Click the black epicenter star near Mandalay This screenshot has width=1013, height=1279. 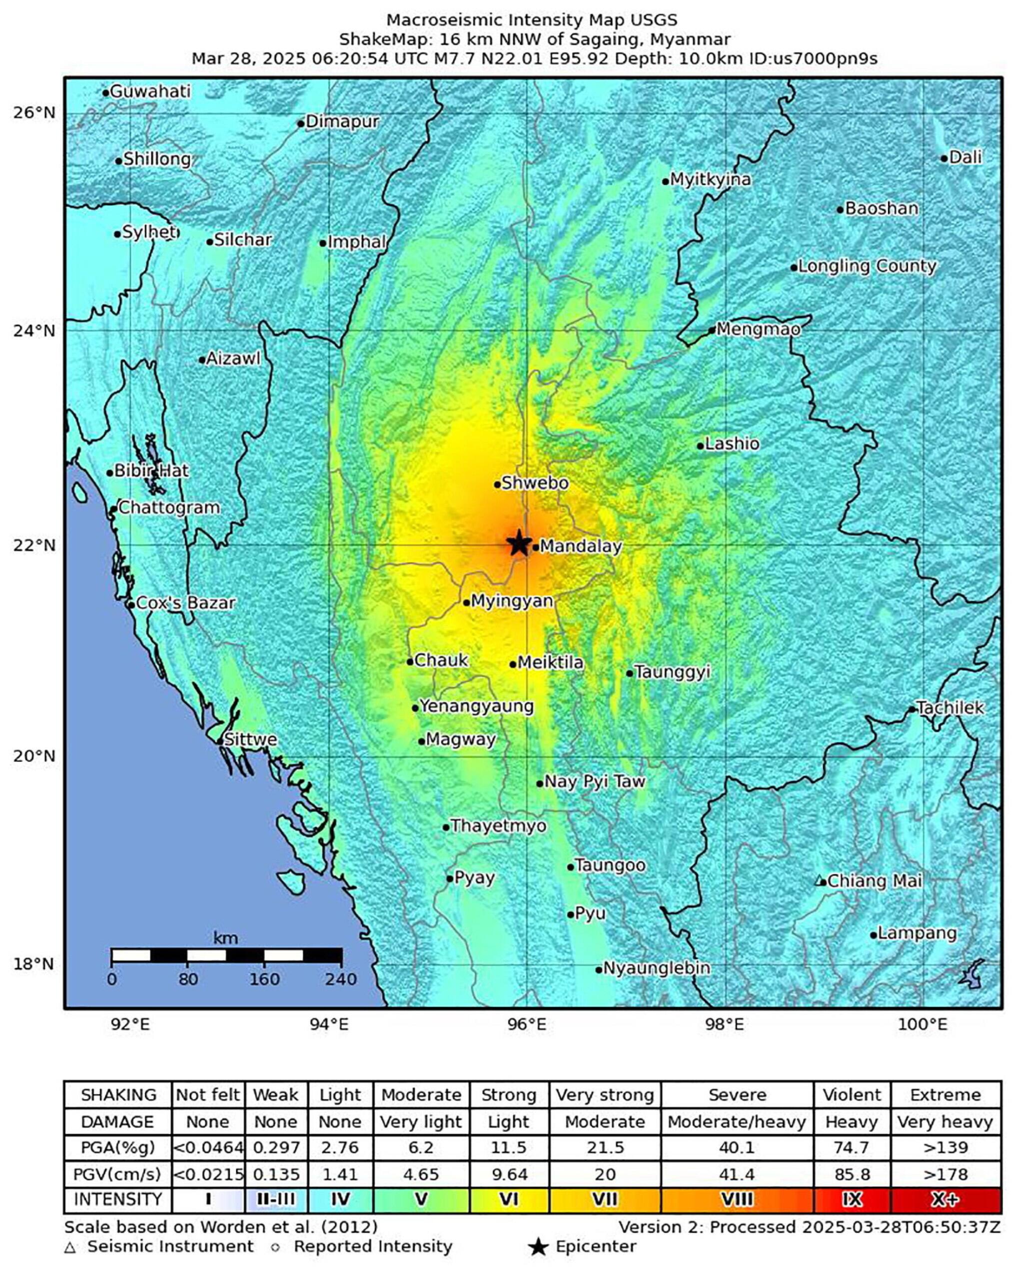519,543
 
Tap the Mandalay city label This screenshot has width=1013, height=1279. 580,547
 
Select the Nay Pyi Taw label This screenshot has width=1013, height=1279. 594,781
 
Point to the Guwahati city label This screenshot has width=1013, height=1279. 150,91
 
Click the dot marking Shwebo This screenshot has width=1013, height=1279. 498,485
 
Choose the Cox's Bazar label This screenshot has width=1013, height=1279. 185,603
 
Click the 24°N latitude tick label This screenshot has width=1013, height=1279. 34,330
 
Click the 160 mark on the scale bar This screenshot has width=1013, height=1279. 264,979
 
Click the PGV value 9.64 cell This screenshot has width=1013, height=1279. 509,1174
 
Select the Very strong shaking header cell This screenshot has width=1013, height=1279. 605,1095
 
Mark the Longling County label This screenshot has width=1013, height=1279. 867,266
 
